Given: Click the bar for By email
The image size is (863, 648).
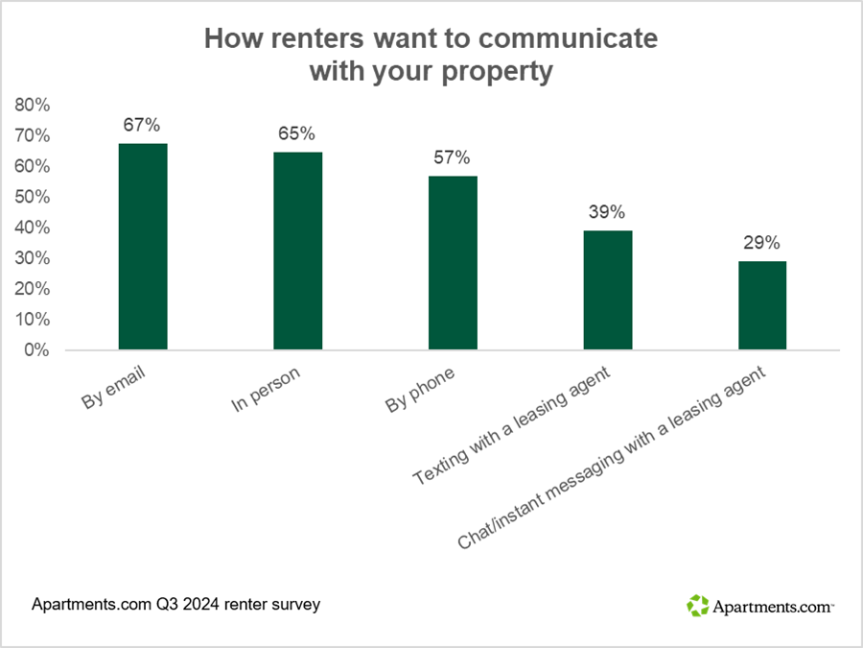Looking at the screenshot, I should tap(143, 247).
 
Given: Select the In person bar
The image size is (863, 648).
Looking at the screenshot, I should tap(297, 251).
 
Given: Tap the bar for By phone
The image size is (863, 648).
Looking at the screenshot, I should tap(453, 263).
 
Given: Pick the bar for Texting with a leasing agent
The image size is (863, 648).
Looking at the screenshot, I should tap(608, 290).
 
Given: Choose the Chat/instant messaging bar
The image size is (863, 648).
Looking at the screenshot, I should tap(762, 305).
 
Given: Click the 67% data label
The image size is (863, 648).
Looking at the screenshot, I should tap(142, 125).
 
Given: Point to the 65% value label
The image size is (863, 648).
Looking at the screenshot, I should tap(297, 133).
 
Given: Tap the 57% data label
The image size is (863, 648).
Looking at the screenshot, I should tap(453, 157).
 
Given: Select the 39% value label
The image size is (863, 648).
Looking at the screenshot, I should tap(607, 212).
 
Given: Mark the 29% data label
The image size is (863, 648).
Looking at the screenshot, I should tap(762, 243).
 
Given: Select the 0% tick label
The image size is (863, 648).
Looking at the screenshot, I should tap(36, 350).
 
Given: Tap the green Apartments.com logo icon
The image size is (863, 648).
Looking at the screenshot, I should tap(697, 605).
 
